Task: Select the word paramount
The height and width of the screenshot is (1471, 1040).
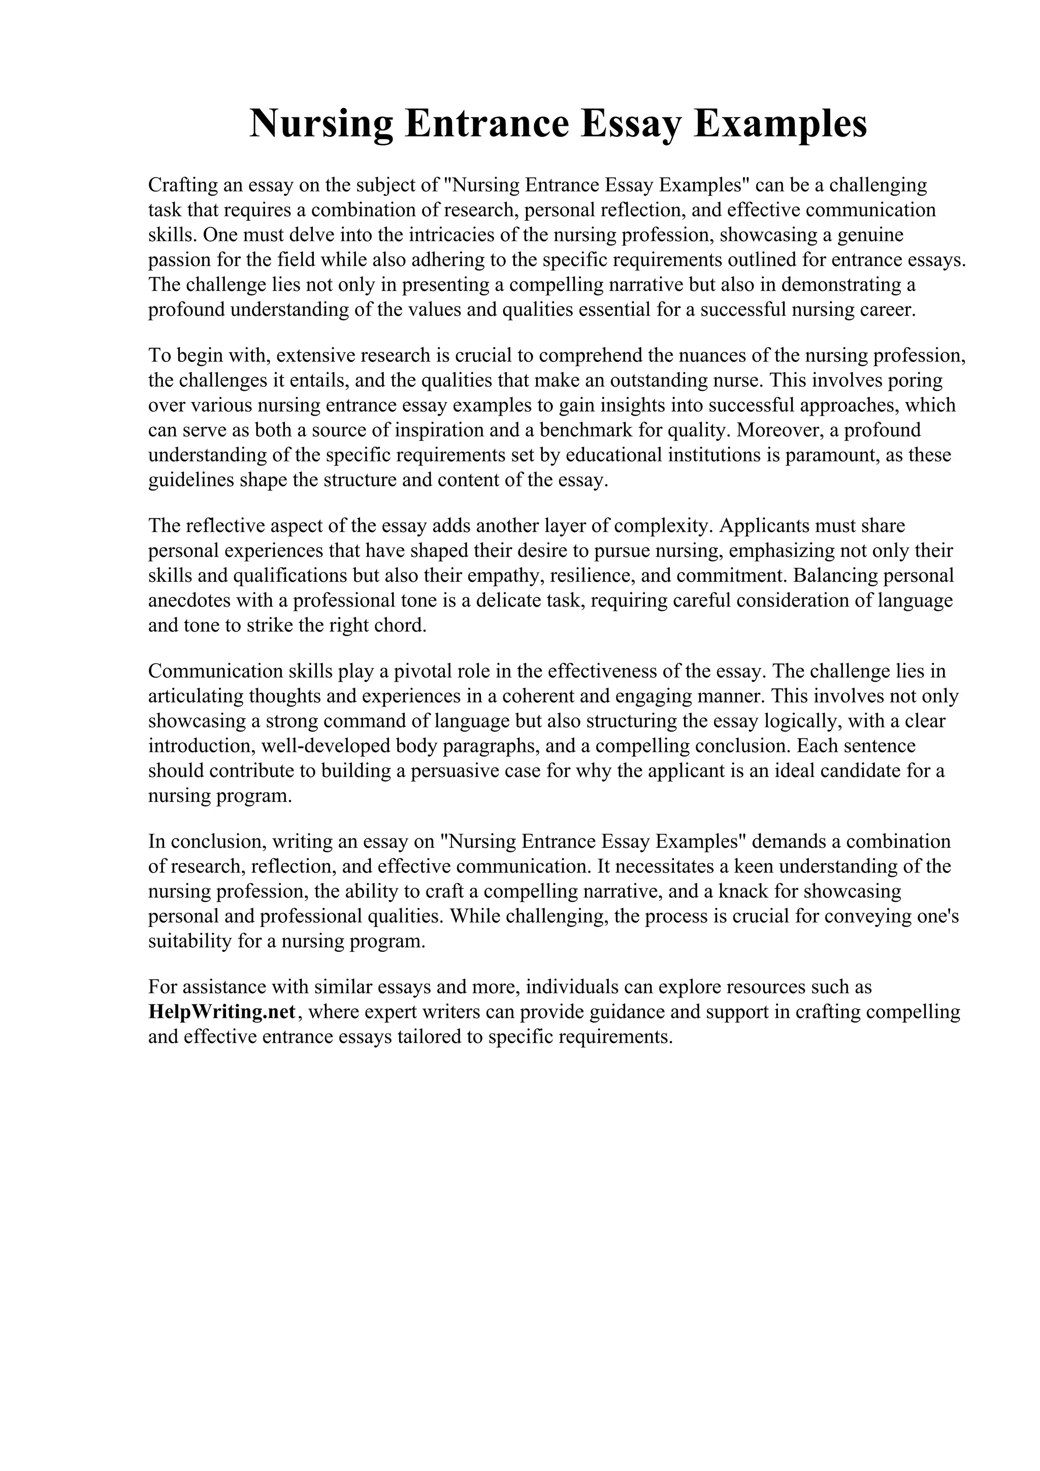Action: pos(846,455)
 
